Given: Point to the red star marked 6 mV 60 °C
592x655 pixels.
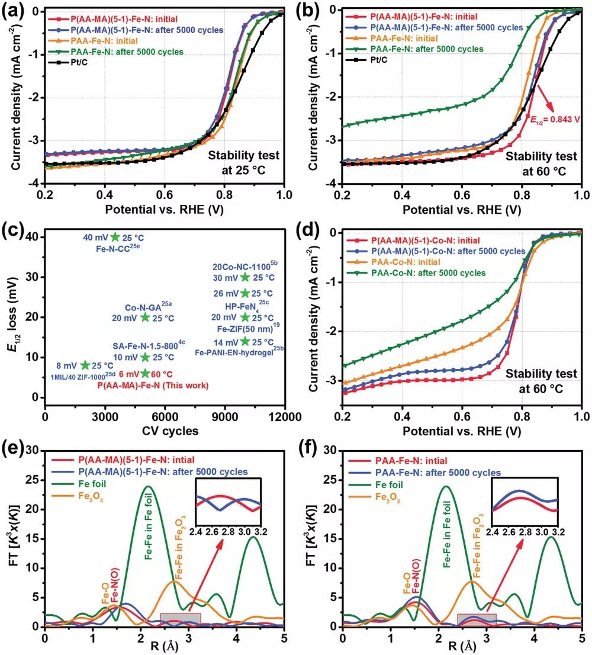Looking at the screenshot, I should click(x=146, y=373).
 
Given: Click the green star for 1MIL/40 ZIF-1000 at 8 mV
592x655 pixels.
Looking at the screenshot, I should click(x=85, y=365).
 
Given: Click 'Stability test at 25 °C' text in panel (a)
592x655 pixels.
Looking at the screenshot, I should click(x=243, y=163).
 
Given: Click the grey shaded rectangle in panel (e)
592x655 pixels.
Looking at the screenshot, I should click(x=181, y=618).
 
